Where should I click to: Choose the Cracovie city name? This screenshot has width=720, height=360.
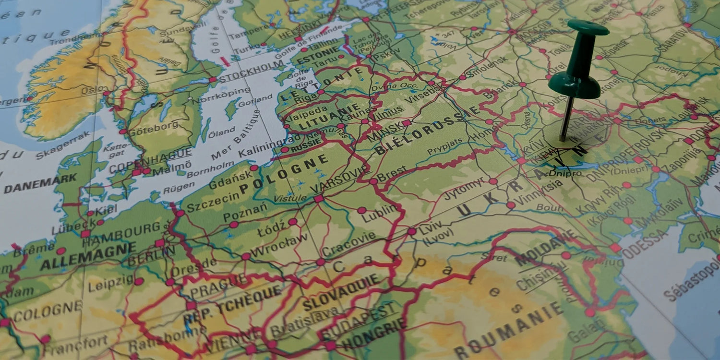[x=349, y=244]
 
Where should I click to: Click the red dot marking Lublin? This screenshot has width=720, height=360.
[x=362, y=210]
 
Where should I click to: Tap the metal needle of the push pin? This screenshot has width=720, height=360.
[x=567, y=118]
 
